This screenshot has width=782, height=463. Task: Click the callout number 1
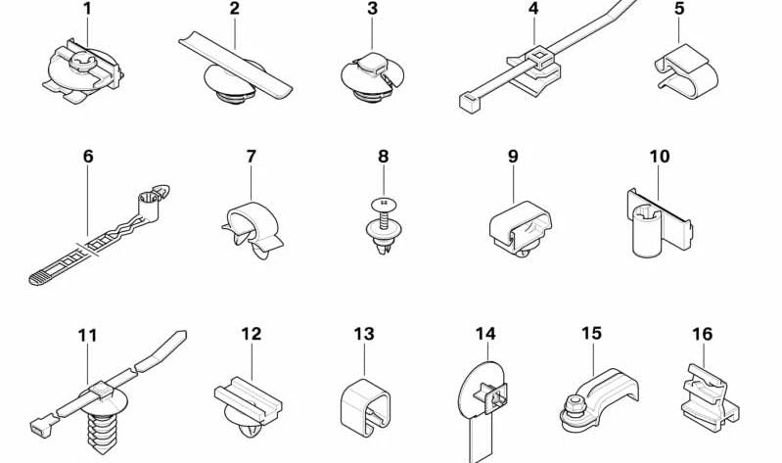pos(87,9)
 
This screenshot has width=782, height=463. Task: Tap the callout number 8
pos(383,157)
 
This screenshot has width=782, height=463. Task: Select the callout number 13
pos(364,334)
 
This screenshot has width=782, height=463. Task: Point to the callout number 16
pos(702,334)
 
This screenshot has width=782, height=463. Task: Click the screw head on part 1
pos(80,63)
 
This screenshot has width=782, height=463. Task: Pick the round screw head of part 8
pos(384,203)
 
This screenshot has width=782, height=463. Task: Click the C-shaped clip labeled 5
pos(686,71)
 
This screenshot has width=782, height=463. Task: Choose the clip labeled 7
pos(252,229)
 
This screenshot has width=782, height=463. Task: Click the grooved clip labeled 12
pos(249,405)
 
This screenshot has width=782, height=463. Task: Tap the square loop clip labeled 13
pos(366,404)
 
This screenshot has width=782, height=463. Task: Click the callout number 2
pos(234,9)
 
